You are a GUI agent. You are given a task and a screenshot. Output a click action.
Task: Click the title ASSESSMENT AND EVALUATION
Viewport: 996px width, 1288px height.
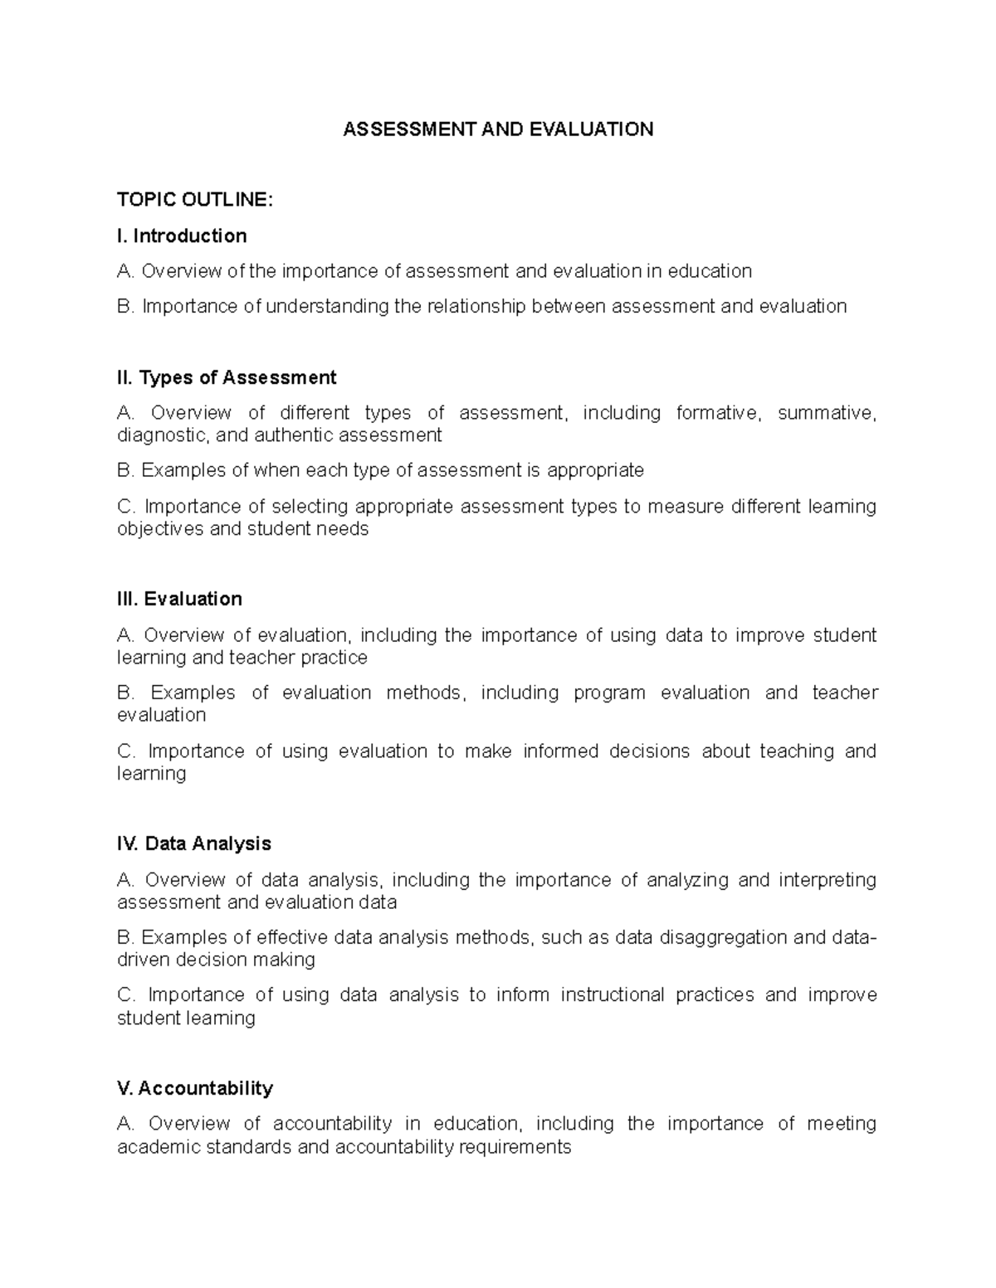498,129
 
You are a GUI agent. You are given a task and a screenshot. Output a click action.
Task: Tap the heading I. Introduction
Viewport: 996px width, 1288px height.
182,236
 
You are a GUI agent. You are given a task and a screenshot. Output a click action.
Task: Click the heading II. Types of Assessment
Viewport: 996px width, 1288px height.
227,378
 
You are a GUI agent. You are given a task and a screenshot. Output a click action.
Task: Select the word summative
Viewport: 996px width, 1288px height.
826,413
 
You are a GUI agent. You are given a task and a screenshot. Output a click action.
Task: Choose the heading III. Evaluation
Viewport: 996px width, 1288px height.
179,600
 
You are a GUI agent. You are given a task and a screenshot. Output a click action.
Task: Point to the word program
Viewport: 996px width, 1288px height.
609,693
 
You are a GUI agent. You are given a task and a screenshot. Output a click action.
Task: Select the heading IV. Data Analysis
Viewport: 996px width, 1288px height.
194,844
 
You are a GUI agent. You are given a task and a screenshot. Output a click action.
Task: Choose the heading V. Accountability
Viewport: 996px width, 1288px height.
195,1088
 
